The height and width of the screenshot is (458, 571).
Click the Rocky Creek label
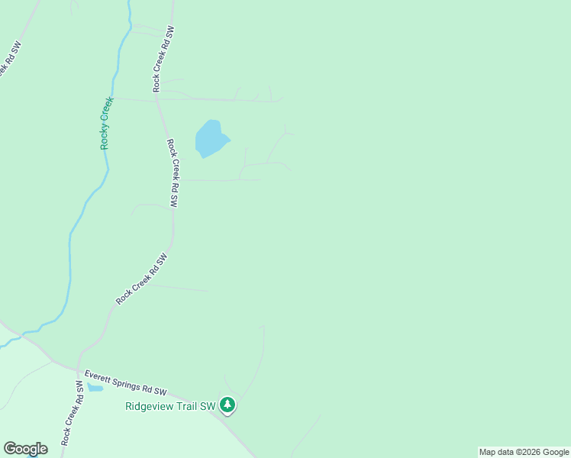click(x=106, y=122)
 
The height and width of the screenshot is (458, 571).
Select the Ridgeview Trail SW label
click(x=171, y=406)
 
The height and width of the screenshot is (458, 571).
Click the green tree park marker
click(x=227, y=405)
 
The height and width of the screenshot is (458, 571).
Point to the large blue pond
click(x=210, y=138)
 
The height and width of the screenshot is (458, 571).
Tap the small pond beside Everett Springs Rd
click(x=95, y=388)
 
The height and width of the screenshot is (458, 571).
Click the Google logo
click(x=25, y=449)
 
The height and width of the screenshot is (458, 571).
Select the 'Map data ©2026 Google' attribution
click(x=524, y=452)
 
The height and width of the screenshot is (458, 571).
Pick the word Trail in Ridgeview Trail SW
click(x=185, y=406)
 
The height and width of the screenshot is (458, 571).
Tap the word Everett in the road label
click(x=99, y=376)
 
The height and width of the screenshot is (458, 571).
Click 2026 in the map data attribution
click(x=531, y=452)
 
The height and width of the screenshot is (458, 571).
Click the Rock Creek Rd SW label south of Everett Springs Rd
click(x=73, y=412)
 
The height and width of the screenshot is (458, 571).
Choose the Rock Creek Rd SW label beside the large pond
click(x=173, y=173)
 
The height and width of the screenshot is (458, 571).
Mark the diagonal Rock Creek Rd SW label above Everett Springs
click(x=141, y=279)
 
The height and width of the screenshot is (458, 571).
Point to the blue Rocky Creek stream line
click(x=70, y=252)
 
